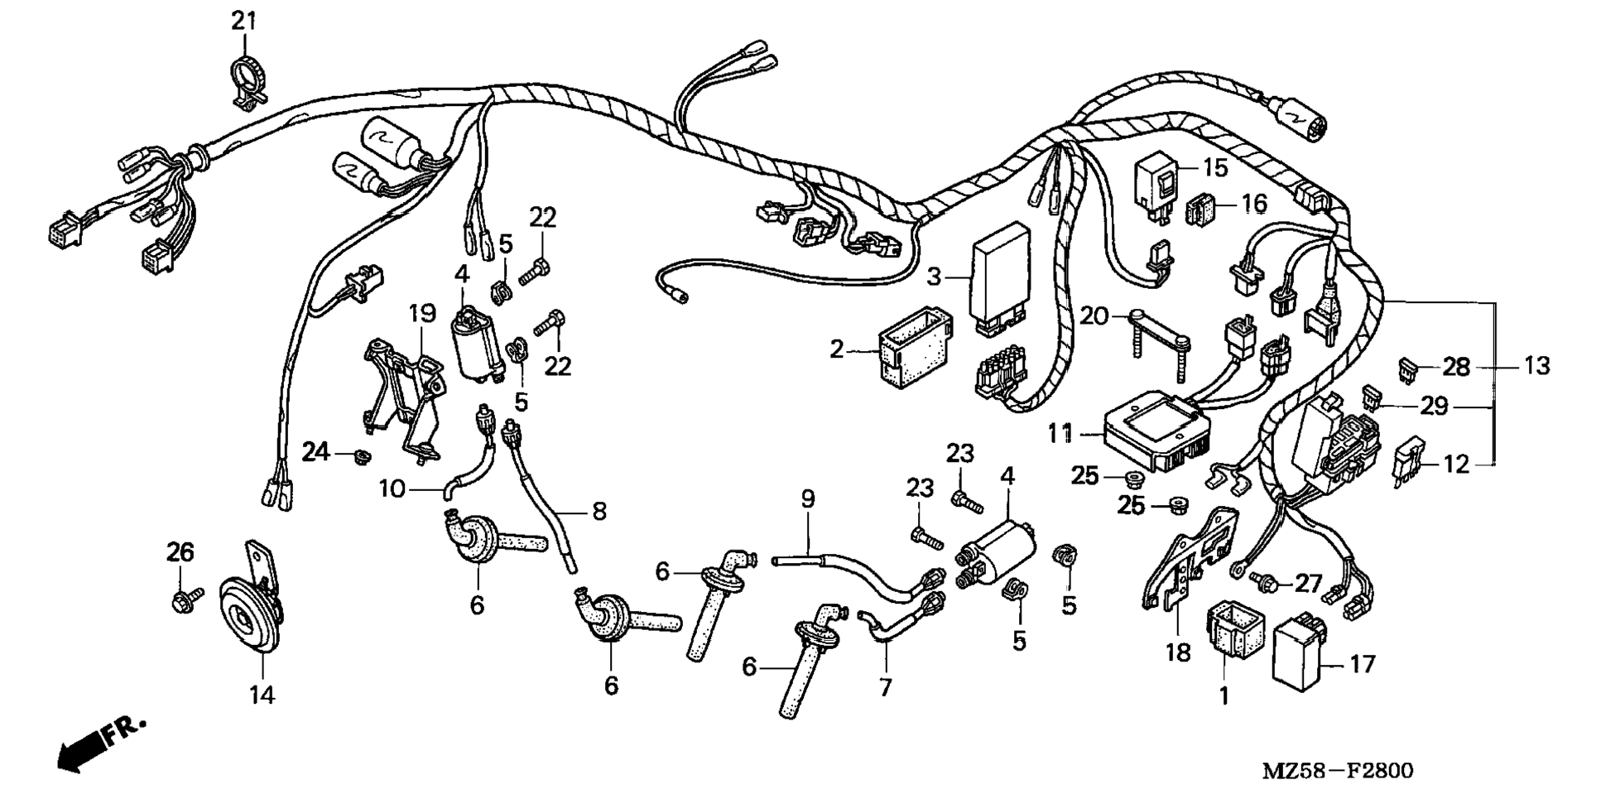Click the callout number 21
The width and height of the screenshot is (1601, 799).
point(243,21)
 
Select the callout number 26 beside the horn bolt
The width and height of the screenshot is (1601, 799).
point(180,551)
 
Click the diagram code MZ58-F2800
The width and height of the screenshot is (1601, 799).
point(1337,771)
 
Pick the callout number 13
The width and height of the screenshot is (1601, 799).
point(1536,365)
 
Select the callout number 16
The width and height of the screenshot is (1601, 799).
point(1255,203)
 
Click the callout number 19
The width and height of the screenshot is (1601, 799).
point(421,314)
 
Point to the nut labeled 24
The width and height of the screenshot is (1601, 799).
point(360,456)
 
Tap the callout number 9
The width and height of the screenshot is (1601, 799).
point(807,499)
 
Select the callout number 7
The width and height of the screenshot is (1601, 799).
point(885,687)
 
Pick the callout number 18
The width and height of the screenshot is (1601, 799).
point(1177,652)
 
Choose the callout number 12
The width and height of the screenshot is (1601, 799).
point(1455,464)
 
